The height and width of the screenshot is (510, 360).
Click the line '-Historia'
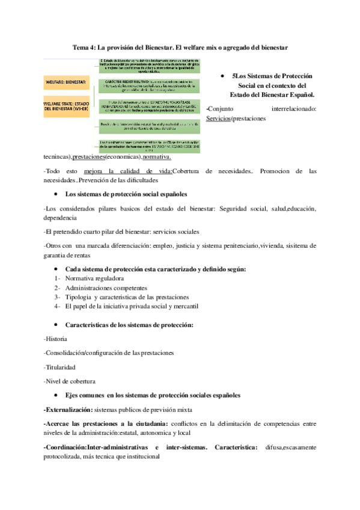click(56, 339)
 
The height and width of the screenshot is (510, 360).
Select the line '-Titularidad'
click(60, 366)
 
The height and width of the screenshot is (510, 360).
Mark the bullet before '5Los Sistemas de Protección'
click(223, 76)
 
